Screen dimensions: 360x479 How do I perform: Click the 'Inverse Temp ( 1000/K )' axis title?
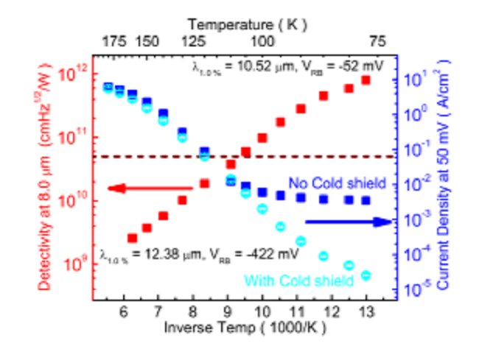click(x=244, y=325)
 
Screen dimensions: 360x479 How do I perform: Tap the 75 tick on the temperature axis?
click(x=378, y=43)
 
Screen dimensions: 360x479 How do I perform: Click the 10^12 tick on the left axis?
click(x=74, y=74)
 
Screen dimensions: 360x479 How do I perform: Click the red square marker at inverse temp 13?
click(x=366, y=80)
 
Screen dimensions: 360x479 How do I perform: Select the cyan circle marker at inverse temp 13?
click(x=366, y=275)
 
